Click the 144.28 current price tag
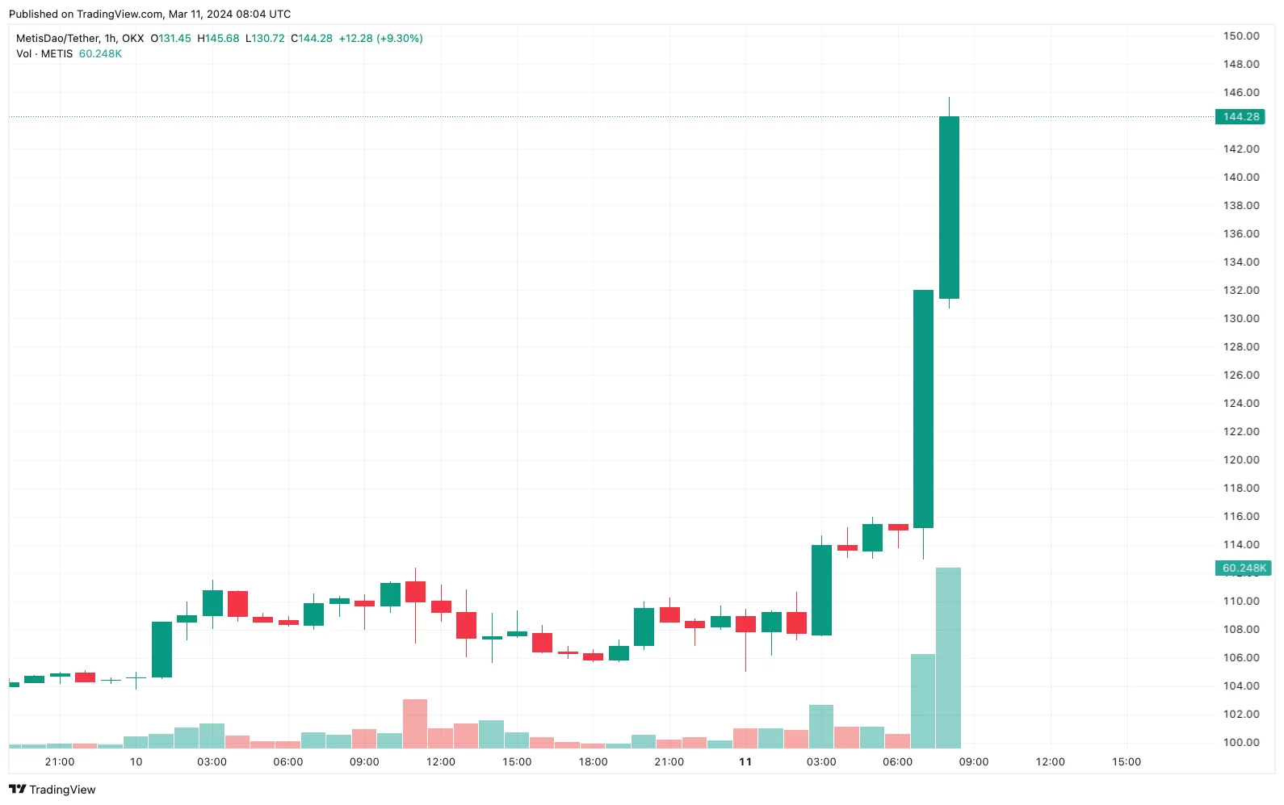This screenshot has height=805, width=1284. pyautogui.click(x=1240, y=117)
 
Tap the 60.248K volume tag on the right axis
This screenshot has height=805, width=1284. pyautogui.click(x=1244, y=568)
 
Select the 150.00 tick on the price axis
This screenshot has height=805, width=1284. pyautogui.click(x=1241, y=36)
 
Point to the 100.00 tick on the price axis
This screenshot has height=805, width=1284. pyautogui.click(x=1241, y=742)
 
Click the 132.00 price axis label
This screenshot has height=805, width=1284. pyautogui.click(x=1241, y=290)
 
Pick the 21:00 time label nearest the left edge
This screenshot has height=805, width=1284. pyautogui.click(x=60, y=762)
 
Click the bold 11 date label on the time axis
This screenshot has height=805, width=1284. pyautogui.click(x=745, y=762)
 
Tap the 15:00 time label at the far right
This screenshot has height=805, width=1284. pyautogui.click(x=1126, y=762)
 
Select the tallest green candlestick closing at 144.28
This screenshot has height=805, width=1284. pyautogui.click(x=949, y=208)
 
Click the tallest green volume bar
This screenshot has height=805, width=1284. pyautogui.click(x=948, y=658)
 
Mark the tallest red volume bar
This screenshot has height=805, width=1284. pyautogui.click(x=415, y=723)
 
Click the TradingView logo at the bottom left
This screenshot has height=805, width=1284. pyautogui.click(x=52, y=790)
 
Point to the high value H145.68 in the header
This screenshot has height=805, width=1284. pyautogui.click(x=218, y=39)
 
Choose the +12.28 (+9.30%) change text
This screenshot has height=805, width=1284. pyautogui.click(x=380, y=39)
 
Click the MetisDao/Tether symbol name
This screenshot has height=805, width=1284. pyautogui.click(x=57, y=39)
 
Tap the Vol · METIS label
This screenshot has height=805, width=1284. pyautogui.click(x=44, y=54)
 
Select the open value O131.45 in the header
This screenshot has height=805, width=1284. pyautogui.click(x=171, y=39)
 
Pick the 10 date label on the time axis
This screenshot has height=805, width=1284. pyautogui.click(x=136, y=762)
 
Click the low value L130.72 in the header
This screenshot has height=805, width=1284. pyautogui.click(x=265, y=39)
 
